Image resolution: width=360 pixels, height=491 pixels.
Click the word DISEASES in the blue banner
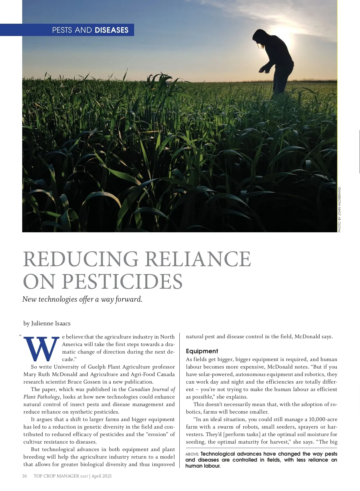click(x=111, y=30)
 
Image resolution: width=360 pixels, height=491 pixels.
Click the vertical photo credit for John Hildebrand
click(x=340, y=209)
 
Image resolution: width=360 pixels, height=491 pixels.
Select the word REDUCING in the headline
click(x=81, y=259)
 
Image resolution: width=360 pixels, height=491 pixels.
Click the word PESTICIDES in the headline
click(x=122, y=282)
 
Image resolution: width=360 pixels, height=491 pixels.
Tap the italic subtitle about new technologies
click(x=82, y=299)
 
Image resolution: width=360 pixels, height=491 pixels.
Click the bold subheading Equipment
click(x=202, y=351)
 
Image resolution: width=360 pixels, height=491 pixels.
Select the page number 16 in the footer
click(x=25, y=476)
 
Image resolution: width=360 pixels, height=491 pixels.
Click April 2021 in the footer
click(x=102, y=476)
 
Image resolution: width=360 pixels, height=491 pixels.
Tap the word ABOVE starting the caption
click(x=192, y=454)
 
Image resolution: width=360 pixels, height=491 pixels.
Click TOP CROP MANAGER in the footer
click(x=56, y=476)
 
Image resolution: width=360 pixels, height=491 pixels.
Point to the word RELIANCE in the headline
click(x=198, y=259)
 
